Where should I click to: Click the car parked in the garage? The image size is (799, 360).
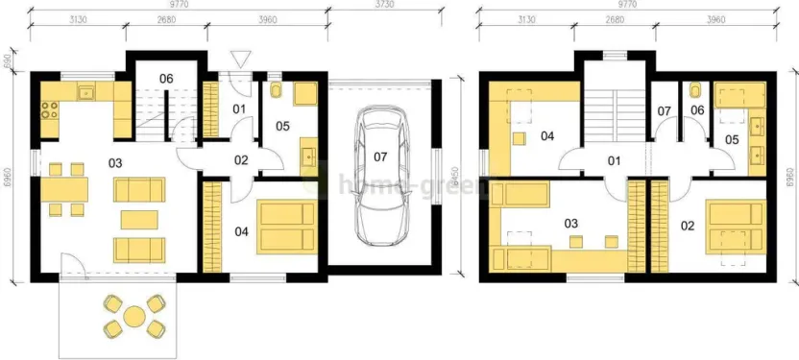click(x=382, y=178)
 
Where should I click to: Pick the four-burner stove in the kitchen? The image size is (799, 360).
click(x=48, y=108)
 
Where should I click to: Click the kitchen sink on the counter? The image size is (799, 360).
click(x=86, y=93)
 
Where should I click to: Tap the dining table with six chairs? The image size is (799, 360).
click(x=63, y=188)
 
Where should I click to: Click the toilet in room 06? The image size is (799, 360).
click(x=694, y=93)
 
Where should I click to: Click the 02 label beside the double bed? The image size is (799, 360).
click(x=687, y=227)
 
